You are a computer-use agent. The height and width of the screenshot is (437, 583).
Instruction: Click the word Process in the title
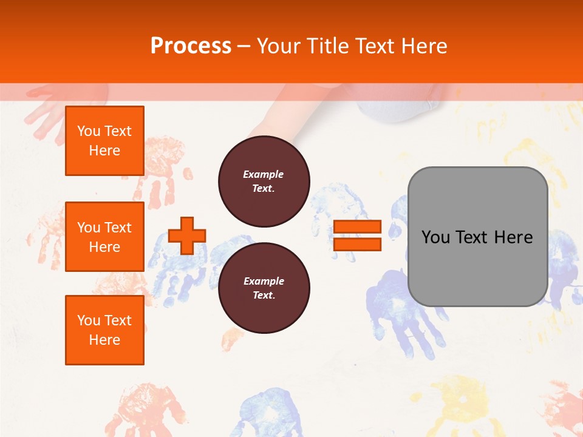tap(191, 46)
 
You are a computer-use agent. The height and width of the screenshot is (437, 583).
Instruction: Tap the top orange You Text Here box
tap(104, 141)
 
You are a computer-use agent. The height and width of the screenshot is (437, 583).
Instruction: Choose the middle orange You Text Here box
tap(104, 237)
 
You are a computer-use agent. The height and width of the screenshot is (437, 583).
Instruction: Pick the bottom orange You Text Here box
tap(104, 330)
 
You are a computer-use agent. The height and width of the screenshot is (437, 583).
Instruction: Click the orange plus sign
tap(187, 235)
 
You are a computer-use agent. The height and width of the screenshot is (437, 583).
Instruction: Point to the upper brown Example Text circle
tap(264, 181)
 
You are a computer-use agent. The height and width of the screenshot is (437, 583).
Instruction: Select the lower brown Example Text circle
tap(264, 288)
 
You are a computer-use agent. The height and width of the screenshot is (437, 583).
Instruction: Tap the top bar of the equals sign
tap(357, 227)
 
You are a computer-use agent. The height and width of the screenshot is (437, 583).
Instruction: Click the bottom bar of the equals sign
tap(357, 244)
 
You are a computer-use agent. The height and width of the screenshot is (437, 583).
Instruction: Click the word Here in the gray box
tap(513, 237)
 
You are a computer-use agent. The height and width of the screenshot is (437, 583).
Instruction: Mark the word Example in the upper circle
tap(264, 175)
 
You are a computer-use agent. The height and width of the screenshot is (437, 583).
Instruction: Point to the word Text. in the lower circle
tap(264, 296)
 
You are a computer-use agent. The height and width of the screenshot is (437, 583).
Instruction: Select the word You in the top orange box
tap(89, 131)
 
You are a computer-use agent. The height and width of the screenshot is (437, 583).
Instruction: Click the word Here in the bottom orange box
tap(104, 340)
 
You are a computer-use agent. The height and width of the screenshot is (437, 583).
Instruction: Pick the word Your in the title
tap(279, 46)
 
